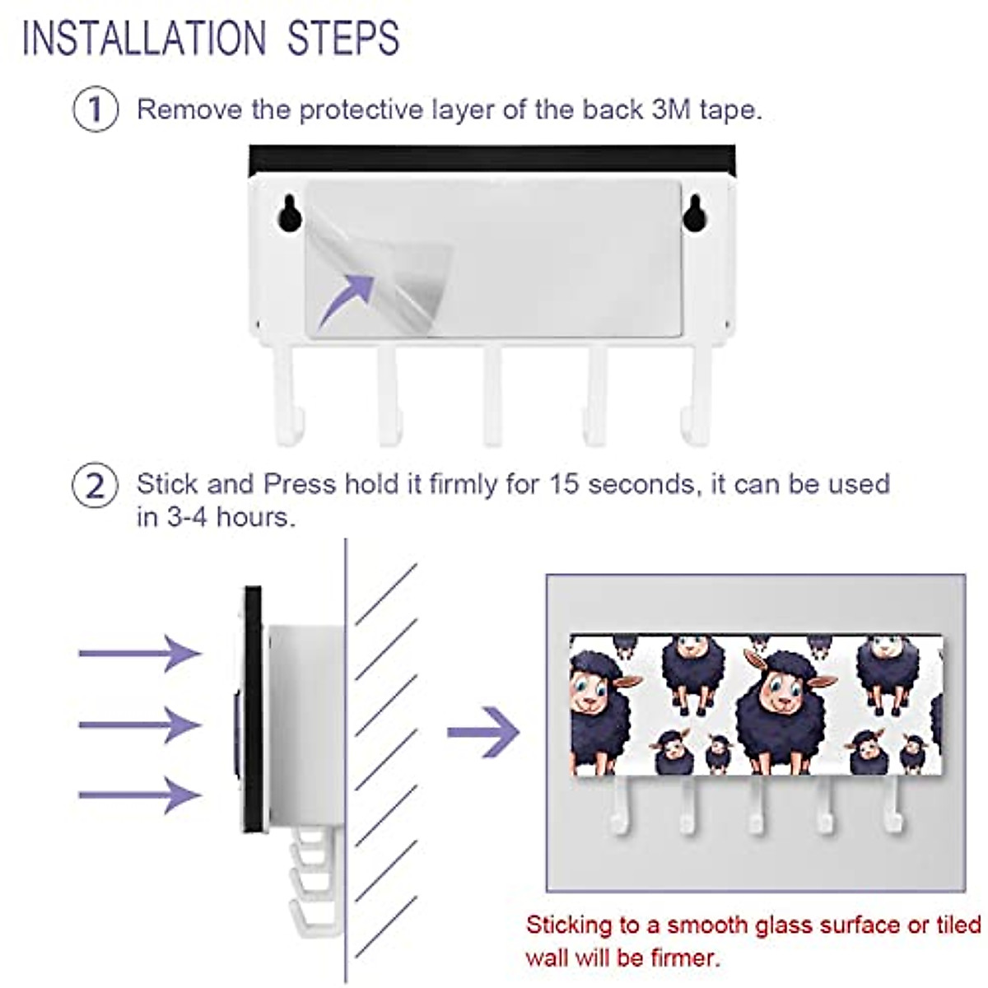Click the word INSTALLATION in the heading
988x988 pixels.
145,39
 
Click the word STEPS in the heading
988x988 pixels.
343,39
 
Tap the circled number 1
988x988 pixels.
96,110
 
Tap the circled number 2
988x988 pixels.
96,486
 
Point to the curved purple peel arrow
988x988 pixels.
346,298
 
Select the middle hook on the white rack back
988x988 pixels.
492,395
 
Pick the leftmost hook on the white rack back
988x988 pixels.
284,395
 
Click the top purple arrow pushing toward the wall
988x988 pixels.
140,653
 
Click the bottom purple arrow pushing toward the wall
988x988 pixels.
140,795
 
